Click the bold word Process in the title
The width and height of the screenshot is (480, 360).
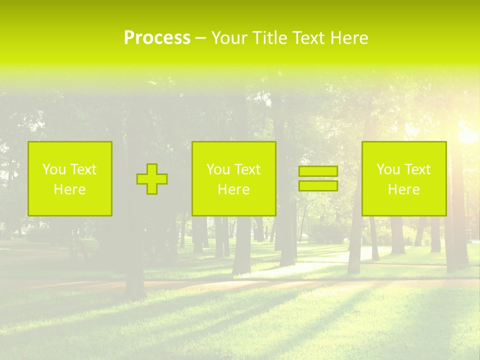[157, 37]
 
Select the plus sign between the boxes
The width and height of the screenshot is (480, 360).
[152, 179]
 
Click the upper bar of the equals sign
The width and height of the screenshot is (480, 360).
[318, 171]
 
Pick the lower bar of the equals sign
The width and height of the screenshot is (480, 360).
[318, 185]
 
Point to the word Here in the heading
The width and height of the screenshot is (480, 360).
[349, 37]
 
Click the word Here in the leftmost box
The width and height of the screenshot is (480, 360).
[70, 189]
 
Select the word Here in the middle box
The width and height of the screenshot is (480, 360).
[233, 189]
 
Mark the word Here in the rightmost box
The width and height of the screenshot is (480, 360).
[403, 189]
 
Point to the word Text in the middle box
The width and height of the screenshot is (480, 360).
[247, 169]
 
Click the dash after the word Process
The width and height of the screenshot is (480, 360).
[200, 38]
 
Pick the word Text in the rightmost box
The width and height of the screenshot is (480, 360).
[417, 169]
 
